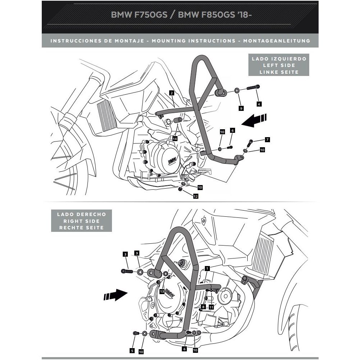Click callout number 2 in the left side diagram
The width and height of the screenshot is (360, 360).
tap(172, 93)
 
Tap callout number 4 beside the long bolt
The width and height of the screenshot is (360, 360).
tap(259, 104)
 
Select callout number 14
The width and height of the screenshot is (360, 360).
tap(175, 139)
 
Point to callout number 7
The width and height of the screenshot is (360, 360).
tap(267, 139)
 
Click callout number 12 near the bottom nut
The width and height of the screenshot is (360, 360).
tap(195, 196)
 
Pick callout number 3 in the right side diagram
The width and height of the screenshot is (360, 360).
tap(125, 254)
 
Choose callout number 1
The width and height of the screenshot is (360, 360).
tap(207, 268)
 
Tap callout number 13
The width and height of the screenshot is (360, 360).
tap(162, 291)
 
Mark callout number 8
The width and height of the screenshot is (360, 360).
tap(203, 307)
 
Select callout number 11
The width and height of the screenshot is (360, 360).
tap(211, 307)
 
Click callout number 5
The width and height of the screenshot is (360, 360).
tap(132, 350)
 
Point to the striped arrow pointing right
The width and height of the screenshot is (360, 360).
tap(115, 296)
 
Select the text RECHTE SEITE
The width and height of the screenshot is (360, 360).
tap(81, 228)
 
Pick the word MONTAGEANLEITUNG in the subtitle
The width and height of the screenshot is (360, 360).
tap(276, 41)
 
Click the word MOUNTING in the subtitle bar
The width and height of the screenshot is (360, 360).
tap(168, 41)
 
